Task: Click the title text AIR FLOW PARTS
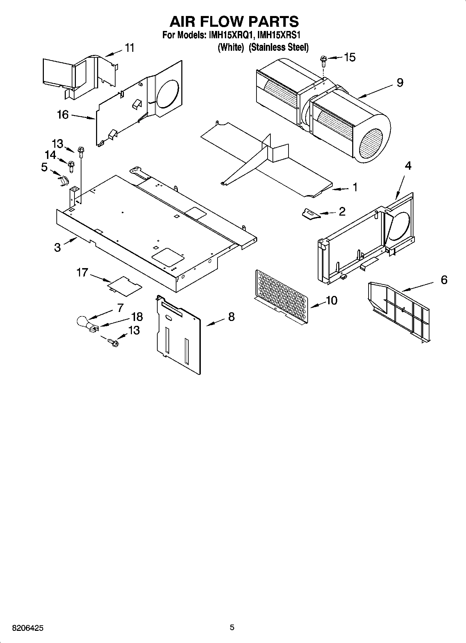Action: (x=234, y=22)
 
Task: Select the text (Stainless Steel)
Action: (x=278, y=47)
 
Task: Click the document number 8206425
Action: (x=28, y=628)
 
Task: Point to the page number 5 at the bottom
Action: (x=232, y=627)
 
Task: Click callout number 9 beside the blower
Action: (x=400, y=82)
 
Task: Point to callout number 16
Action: (x=63, y=114)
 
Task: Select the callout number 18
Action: (x=137, y=316)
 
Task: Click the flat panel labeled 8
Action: (x=179, y=336)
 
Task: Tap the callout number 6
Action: (x=444, y=280)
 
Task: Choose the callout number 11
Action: (x=129, y=48)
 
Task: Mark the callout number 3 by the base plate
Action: (x=57, y=247)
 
